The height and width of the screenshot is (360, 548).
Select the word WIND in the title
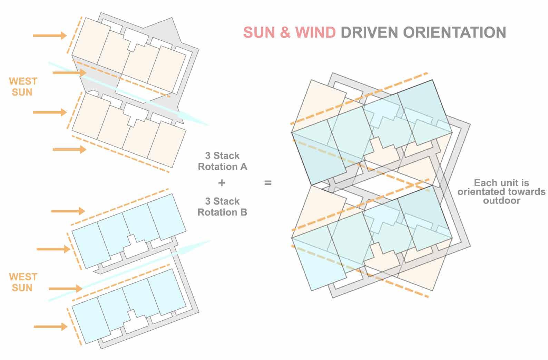[315, 32]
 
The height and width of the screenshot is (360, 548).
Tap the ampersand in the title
[285, 32]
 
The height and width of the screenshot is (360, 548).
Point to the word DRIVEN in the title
[370, 32]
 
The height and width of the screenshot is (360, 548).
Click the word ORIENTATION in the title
[454, 32]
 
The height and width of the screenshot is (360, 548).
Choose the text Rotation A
[222, 167]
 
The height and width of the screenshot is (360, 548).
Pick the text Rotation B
[222, 212]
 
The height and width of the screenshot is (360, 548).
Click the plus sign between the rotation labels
[222, 182]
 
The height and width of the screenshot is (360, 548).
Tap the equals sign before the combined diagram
[268, 183]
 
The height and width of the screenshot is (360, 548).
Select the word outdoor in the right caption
[501, 200]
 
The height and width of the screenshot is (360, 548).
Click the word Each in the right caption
[484, 183]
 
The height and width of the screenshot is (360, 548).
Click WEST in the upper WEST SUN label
[23, 81]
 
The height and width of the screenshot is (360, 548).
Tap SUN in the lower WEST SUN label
[22, 288]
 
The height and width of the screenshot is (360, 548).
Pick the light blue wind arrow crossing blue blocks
[131, 269]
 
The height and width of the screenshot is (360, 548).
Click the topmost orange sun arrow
[50, 35]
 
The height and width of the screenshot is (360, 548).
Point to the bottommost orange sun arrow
[50, 327]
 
